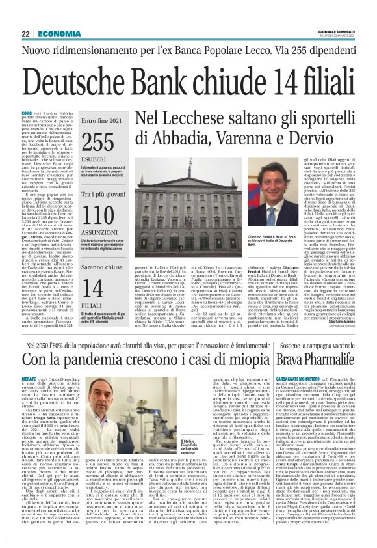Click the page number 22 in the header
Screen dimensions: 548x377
25,34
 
